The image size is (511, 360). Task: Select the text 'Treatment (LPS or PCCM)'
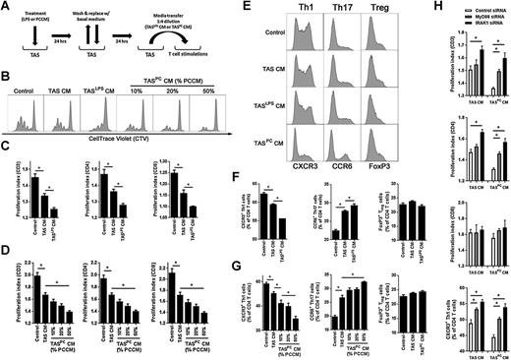[x=29, y=16]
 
